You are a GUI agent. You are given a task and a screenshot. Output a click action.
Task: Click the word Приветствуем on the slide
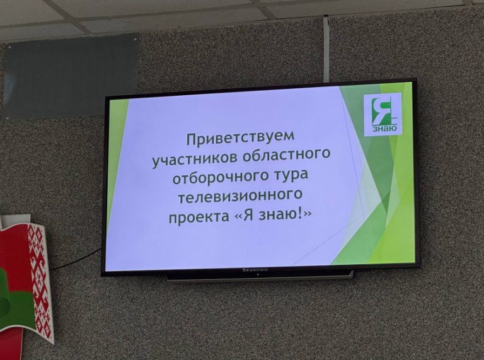coord(241,136)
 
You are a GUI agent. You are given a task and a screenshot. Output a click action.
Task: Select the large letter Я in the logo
coord(381,110)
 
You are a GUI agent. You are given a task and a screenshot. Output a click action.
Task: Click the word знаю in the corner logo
coord(384,129)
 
